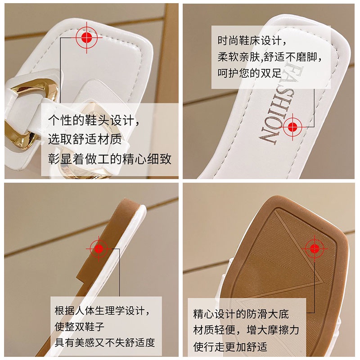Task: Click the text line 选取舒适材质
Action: click(x=85, y=140)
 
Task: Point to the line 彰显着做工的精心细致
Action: click(x=110, y=159)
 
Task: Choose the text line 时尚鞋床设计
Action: click(x=252, y=41)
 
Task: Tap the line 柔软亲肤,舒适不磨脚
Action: click(x=271, y=57)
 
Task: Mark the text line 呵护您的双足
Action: click(x=249, y=72)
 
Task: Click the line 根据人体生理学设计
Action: click(x=102, y=310)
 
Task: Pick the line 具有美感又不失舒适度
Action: click(x=105, y=342)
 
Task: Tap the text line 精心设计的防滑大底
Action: click(x=241, y=314)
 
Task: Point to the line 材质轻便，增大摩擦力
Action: click(x=246, y=330)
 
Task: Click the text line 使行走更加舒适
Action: click(x=230, y=346)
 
